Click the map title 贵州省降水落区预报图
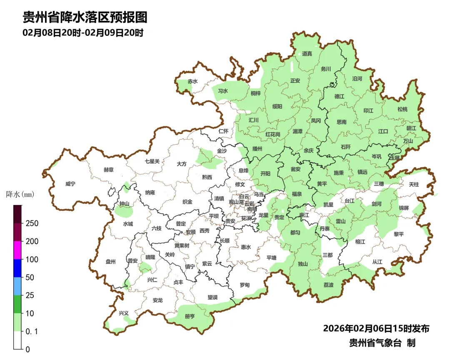tap(85, 17)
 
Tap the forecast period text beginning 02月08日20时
tap(83, 33)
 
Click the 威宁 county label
tap(71, 184)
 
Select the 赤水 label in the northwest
tap(192, 81)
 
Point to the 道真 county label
tap(307, 53)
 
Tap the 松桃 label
tap(402, 109)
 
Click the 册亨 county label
tap(190, 316)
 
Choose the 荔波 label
tap(328, 285)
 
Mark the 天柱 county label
tap(414, 184)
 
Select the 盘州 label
tap(110, 262)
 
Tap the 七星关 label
tap(152, 161)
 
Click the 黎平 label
tap(399, 234)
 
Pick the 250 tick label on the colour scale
tap(32, 223)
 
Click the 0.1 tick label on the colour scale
tap(32, 331)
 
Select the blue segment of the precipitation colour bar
tap(17, 268)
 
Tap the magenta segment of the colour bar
tap(17, 250)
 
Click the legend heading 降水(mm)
tap(20, 194)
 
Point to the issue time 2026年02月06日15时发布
tap(376, 328)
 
